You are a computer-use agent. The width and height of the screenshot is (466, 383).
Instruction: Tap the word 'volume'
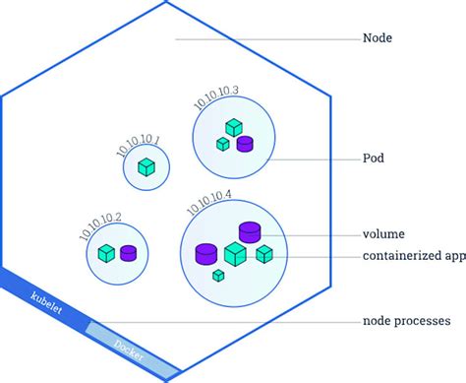click(385, 235)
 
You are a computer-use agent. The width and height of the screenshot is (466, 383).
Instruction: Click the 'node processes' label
click(406, 321)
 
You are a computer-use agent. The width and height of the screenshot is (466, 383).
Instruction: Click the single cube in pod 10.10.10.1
click(146, 167)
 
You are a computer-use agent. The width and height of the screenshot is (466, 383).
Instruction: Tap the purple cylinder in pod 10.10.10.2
click(129, 253)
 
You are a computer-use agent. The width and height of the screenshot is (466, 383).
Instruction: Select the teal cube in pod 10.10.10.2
click(106, 253)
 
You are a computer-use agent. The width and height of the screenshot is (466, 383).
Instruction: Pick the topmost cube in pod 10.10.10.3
click(234, 127)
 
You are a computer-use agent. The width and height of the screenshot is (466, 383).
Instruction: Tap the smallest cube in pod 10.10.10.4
click(218, 275)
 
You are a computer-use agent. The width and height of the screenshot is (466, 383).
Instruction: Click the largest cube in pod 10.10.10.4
click(235, 255)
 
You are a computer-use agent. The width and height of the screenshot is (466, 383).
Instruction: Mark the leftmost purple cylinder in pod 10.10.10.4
click(206, 253)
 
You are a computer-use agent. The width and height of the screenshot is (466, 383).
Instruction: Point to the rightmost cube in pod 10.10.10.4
click(264, 254)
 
